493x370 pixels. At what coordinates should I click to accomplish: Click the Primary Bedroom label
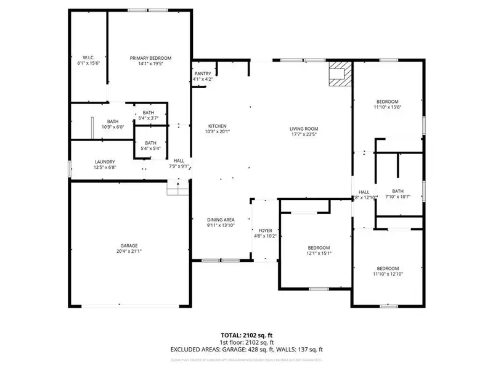[150, 58]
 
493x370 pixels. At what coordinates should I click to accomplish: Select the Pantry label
[203, 74]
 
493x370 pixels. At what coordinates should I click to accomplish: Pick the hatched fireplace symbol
[338, 74]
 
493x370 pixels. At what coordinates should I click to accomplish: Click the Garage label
[129, 245]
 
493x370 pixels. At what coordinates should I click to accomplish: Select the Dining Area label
[220, 220]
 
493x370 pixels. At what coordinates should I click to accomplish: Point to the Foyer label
[266, 230]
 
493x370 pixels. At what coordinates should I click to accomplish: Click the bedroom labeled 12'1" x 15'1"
[319, 247]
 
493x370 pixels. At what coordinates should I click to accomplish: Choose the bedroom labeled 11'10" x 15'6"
[388, 102]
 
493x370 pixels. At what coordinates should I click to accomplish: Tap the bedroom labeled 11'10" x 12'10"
[388, 268]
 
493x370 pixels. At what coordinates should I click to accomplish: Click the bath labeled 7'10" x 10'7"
[397, 191]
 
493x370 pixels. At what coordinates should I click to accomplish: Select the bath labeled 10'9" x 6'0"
[112, 121]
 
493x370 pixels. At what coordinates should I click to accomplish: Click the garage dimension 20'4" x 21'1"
[129, 250]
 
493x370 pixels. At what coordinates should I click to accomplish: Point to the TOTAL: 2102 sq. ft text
[246, 335]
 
